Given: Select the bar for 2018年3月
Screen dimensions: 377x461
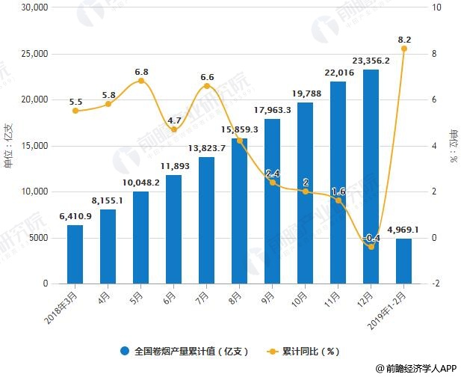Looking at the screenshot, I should (75, 254).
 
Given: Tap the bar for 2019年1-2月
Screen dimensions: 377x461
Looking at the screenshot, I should (403, 261).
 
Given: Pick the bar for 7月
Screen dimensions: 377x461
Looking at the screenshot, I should (206, 221).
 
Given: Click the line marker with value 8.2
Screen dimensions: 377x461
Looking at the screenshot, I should (404, 49).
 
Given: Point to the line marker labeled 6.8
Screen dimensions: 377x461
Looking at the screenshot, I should (140, 81).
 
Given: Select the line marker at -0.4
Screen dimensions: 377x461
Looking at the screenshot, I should (371, 247).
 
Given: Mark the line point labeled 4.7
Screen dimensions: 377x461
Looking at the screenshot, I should (173, 129).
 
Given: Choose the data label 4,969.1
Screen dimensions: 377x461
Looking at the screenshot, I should (403, 230).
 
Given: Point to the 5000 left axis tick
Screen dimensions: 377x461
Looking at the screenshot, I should (35, 238).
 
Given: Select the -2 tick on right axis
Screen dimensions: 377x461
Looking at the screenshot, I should (438, 284).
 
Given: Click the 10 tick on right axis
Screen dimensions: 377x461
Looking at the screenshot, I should (438, 7).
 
